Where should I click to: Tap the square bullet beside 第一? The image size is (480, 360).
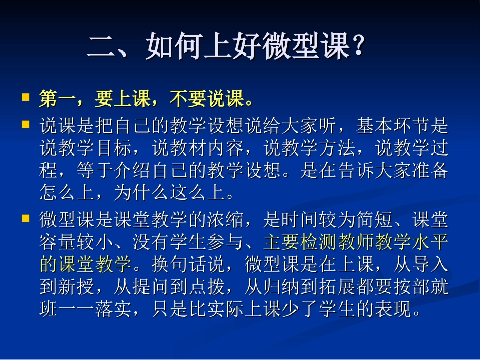25,96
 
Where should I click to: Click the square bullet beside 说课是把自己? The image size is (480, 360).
25,123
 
